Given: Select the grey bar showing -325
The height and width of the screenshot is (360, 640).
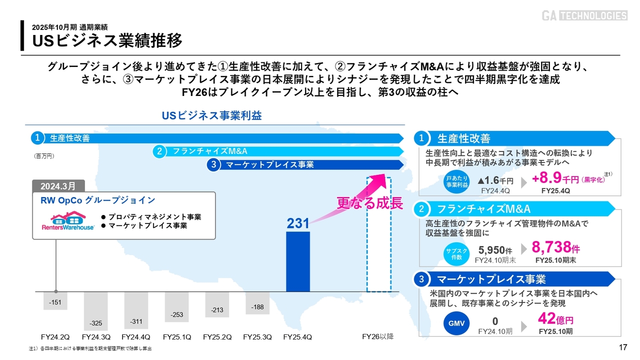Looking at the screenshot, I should point(95,310).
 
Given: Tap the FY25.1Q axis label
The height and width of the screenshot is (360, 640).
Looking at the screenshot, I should point(176,337).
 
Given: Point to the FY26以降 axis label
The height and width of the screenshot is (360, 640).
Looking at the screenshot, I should point(377,337).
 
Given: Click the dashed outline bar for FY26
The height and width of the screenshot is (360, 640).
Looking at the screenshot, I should point(379,235).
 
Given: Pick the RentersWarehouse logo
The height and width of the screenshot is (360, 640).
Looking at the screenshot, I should point(68,222).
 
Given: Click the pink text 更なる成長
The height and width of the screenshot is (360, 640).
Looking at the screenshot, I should point(369,203).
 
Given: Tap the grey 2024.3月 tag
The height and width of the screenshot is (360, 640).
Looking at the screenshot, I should point(58,186).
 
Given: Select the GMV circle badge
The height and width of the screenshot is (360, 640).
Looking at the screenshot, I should point(456,323).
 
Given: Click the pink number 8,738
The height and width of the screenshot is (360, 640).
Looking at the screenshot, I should point(551,247).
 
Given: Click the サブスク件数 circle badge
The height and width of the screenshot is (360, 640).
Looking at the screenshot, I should point(456,254).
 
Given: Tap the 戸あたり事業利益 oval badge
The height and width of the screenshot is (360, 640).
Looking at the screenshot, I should point(457,182).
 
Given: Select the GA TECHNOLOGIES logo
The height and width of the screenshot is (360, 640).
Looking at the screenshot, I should point(584,15).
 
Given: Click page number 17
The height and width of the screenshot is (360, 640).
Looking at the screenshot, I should point(623,348).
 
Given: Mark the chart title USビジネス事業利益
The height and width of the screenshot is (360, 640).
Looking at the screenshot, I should point(211,115).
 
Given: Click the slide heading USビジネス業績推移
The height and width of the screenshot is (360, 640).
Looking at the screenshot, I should point(107,40).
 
